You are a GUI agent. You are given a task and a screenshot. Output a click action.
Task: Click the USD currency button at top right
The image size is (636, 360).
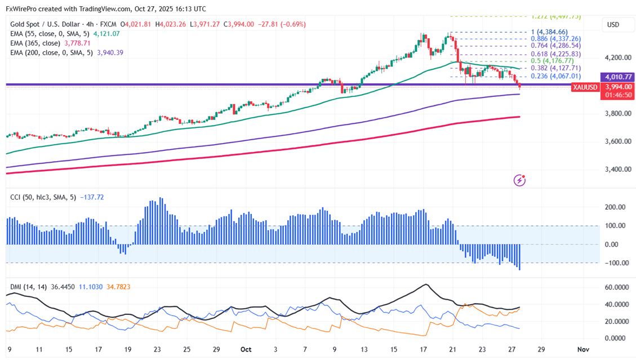point(612,25)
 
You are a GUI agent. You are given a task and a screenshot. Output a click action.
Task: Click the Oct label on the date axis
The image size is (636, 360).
point(245,349)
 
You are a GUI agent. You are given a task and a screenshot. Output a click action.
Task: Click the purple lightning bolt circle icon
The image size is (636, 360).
point(520,180)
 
